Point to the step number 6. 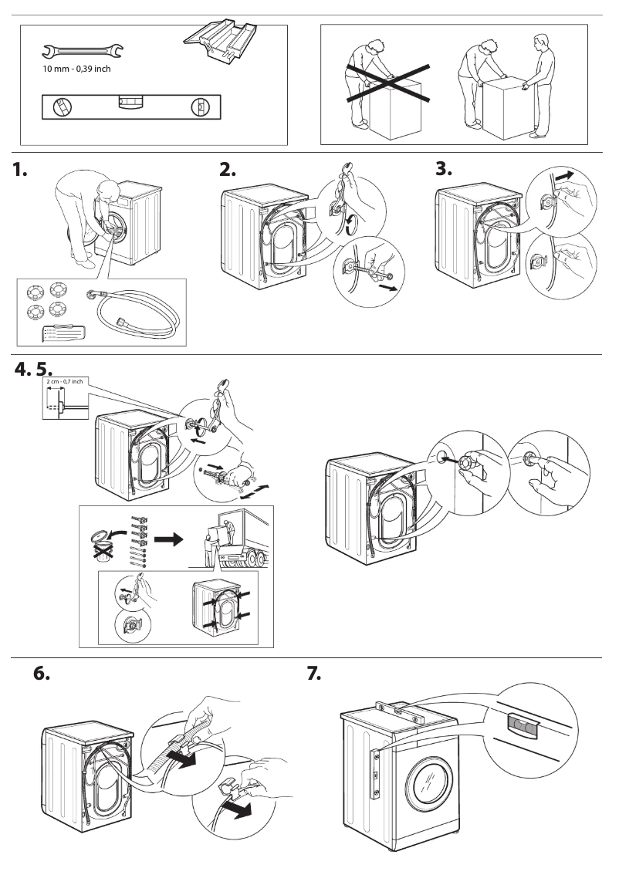coord(42,674)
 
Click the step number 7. coord(313,674)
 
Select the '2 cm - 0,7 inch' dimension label coord(66,381)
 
